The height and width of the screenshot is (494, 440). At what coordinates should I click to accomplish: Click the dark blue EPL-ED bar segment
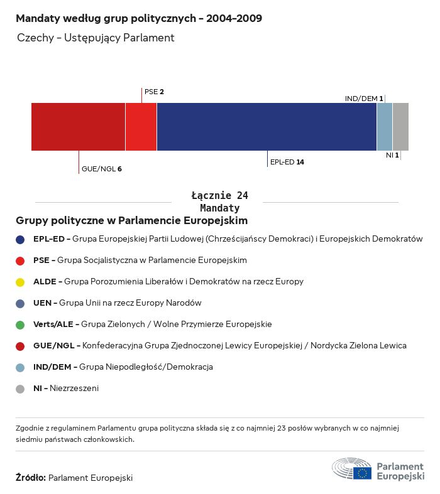[x=267, y=127]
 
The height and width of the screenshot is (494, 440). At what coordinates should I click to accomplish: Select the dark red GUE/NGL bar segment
[x=78, y=127]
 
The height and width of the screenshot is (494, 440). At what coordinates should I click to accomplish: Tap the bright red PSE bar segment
[x=141, y=127]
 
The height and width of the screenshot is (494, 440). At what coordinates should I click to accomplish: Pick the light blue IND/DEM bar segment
[x=384, y=127]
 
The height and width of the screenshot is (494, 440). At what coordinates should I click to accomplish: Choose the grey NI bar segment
[x=400, y=127]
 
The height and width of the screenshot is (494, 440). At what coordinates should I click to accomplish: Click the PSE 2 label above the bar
[x=154, y=92]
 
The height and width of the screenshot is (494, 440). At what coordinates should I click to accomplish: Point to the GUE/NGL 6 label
[x=101, y=169]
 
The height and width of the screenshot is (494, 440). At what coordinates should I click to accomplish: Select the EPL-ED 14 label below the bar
[x=287, y=162]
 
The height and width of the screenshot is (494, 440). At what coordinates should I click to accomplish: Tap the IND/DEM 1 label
[x=364, y=99]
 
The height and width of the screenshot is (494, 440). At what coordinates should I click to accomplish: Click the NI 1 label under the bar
[x=392, y=155]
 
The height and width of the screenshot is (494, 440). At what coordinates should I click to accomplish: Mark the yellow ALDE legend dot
[x=20, y=282]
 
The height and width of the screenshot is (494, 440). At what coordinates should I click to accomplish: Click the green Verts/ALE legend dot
[x=20, y=325]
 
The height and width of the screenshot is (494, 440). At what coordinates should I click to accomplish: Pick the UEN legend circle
[x=20, y=303]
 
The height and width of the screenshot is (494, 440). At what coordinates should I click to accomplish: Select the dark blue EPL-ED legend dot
[x=20, y=239]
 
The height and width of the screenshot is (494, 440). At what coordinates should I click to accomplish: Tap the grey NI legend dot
[x=20, y=389]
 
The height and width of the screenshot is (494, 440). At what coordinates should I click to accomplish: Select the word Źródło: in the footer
[x=30, y=478]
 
